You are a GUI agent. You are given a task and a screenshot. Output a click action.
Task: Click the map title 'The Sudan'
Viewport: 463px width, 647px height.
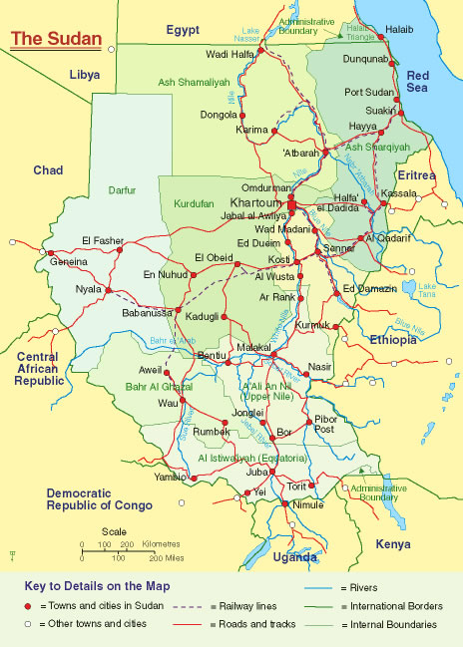[56, 39]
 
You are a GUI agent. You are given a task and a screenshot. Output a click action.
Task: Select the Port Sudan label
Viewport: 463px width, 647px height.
[368, 93]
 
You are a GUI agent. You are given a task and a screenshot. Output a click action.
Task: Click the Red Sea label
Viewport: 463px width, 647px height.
[417, 82]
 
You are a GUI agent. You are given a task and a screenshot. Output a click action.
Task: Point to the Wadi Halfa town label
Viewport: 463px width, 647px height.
[230, 54]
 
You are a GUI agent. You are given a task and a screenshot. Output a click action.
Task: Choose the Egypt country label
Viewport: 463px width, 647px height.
[184, 30]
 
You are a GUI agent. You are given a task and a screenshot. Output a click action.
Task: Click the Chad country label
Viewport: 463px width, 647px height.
[48, 170]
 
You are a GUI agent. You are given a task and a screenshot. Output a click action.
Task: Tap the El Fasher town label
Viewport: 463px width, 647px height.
[101, 239]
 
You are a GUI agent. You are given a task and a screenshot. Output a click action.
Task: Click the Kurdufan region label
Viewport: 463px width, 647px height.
[195, 202]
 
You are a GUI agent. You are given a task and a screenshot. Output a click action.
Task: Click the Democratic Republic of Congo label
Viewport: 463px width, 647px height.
[100, 499]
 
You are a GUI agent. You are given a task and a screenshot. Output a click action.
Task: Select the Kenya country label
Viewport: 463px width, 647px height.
[392, 544]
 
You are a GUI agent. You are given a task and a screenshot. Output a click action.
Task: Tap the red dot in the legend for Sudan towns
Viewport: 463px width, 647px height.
[27, 605]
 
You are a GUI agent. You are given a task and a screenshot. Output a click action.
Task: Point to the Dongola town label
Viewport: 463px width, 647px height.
[220, 115]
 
